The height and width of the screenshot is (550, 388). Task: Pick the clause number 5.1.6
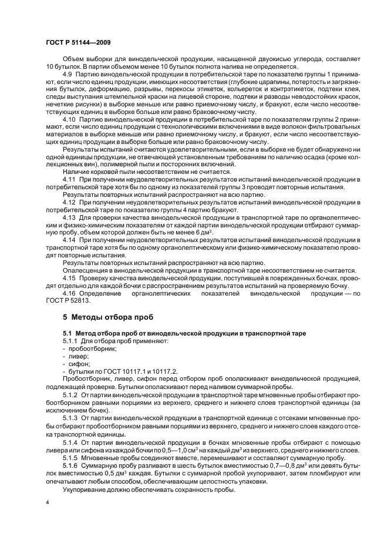[x=72, y=462]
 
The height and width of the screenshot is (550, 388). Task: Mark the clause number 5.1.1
[x=72, y=340]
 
